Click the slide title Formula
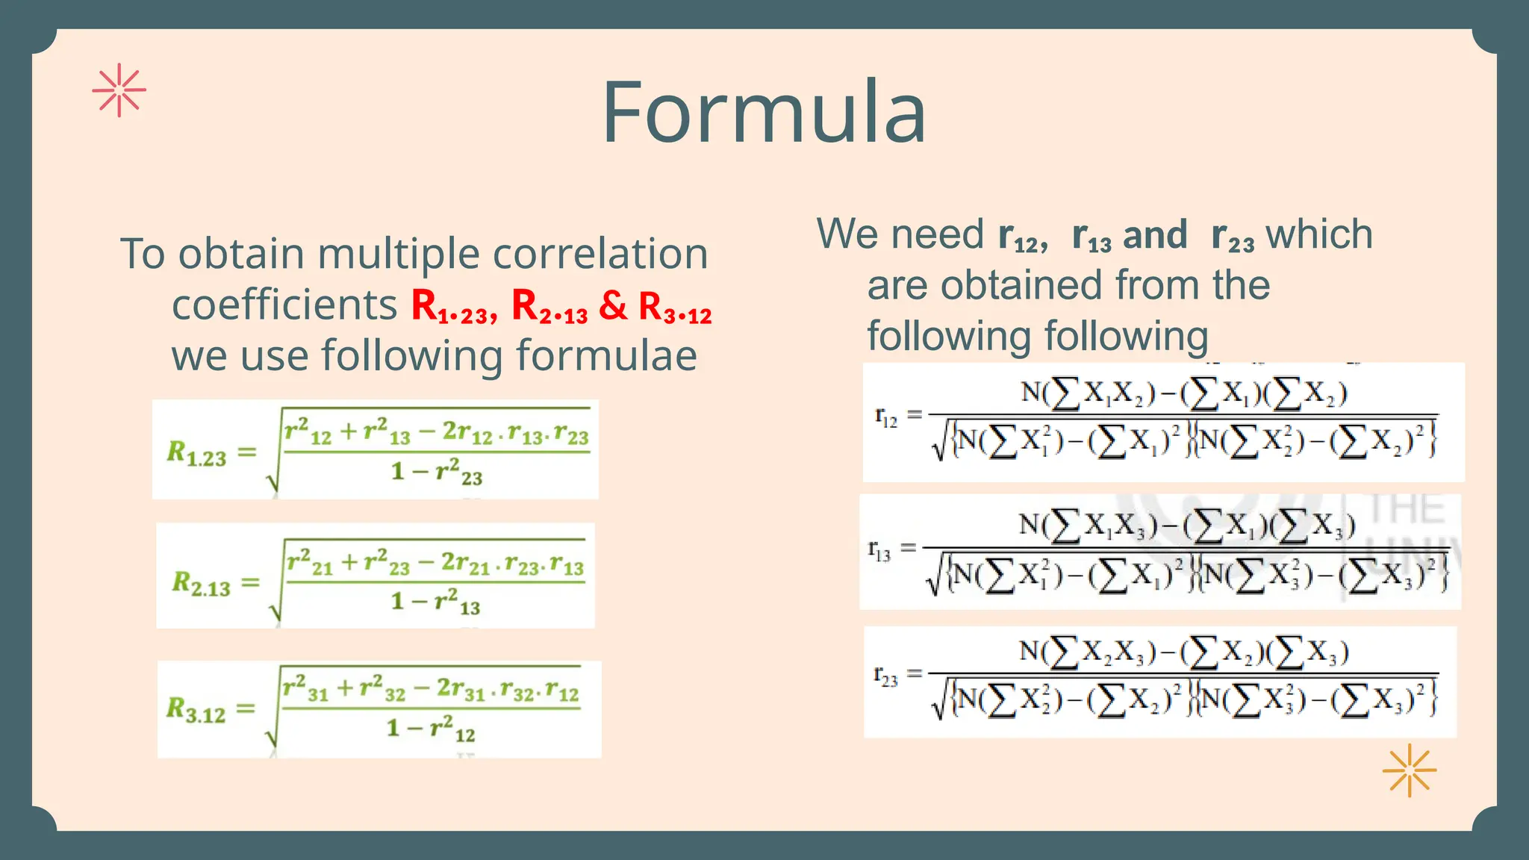[x=764, y=113]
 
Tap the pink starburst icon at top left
[x=119, y=90]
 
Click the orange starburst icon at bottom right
[x=1409, y=770]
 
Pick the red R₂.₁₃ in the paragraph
[x=549, y=307]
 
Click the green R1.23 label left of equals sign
[x=196, y=453]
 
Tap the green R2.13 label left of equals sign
[x=201, y=583]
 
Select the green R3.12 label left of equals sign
[x=196, y=709]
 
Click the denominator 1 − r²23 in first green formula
[x=437, y=472]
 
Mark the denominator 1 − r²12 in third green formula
[x=431, y=728]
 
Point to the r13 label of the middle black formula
[x=879, y=552]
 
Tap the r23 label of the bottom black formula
[x=885, y=677]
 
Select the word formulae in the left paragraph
[x=606, y=355]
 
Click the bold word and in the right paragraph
[x=1155, y=235]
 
